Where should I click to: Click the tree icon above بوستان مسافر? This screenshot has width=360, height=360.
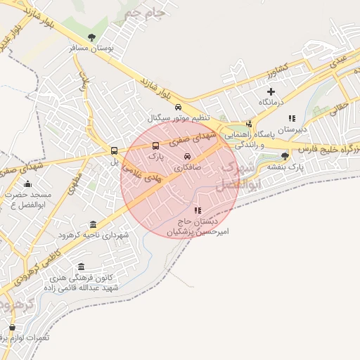click(x=91, y=37)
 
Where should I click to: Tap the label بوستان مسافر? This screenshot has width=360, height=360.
click(x=91, y=49)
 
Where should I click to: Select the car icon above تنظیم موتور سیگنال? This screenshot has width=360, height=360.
click(x=178, y=106)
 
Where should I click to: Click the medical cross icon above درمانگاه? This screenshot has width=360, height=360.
click(x=271, y=91)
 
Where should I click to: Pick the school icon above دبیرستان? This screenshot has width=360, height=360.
click(x=292, y=118)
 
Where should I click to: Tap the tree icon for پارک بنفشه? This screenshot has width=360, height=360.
click(x=285, y=156)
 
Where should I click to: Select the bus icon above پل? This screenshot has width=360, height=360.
click(x=114, y=150)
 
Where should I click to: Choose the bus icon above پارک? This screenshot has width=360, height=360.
click(x=155, y=146)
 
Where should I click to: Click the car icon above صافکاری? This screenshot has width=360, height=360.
click(x=187, y=157)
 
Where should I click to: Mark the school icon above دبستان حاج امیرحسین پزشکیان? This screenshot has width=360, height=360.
click(x=198, y=210)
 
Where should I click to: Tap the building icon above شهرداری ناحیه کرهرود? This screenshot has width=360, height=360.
click(x=93, y=224)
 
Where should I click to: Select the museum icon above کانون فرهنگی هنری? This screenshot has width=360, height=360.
click(x=82, y=267)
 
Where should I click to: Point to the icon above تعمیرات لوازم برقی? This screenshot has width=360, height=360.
click(x=11, y=327)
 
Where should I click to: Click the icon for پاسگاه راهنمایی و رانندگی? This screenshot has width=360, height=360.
click(x=248, y=124)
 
